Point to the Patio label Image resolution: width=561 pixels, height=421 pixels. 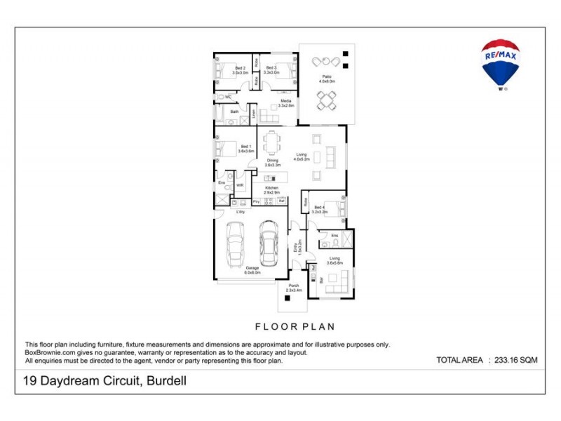[x=327, y=79]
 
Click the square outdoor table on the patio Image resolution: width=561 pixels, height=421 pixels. [x=326, y=102]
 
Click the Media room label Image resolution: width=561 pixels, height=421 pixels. [x=286, y=103]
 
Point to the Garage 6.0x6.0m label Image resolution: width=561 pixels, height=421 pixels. [x=252, y=270]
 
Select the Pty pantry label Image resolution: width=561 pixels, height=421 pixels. [x=256, y=202]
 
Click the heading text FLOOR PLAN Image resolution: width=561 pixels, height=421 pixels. [x=295, y=326]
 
